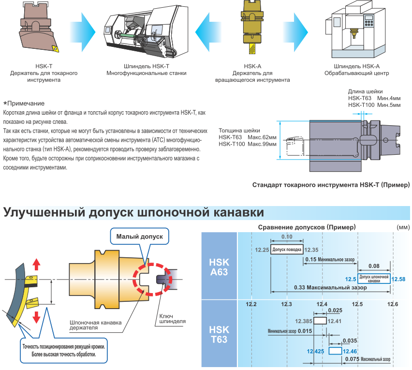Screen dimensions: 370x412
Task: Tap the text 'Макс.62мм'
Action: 262,137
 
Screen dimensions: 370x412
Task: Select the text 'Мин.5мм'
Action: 390,104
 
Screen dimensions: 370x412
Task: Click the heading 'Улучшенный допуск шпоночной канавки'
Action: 133,212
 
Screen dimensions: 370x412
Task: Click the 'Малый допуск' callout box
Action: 140,237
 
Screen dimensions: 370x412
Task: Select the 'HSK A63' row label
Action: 219,267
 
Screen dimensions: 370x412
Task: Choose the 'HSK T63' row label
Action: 219,334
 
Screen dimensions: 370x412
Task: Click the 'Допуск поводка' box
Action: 287,250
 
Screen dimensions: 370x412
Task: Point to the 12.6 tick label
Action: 393,304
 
